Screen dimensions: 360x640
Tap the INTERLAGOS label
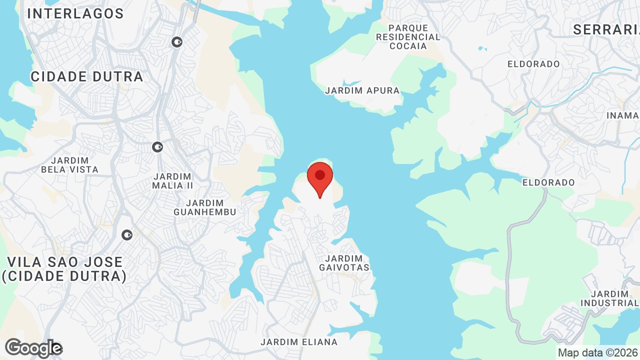click(x=75, y=14)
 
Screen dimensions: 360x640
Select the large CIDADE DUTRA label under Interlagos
click(x=87, y=76)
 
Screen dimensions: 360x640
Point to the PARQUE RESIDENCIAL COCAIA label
click(x=408, y=37)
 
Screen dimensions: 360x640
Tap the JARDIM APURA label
click(x=362, y=91)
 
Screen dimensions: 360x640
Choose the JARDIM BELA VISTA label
click(x=69, y=165)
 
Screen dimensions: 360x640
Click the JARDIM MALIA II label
click(x=172, y=180)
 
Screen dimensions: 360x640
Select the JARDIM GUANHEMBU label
click(x=204, y=207)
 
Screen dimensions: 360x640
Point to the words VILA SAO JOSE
click(x=64, y=262)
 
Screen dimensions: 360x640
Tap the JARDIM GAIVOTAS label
click(x=344, y=263)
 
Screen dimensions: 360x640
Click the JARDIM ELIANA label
click(x=299, y=342)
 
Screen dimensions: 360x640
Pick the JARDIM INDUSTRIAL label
click(x=609, y=298)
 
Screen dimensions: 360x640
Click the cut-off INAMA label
click(x=623, y=115)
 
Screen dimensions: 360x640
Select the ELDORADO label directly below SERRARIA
click(x=533, y=64)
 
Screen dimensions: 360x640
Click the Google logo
click(x=33, y=348)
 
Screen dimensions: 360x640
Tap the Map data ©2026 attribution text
click(x=598, y=352)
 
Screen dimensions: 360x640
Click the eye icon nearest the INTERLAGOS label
click(x=176, y=42)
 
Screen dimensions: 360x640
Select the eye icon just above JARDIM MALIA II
click(x=157, y=147)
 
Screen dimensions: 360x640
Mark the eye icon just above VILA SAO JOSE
click(x=127, y=234)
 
